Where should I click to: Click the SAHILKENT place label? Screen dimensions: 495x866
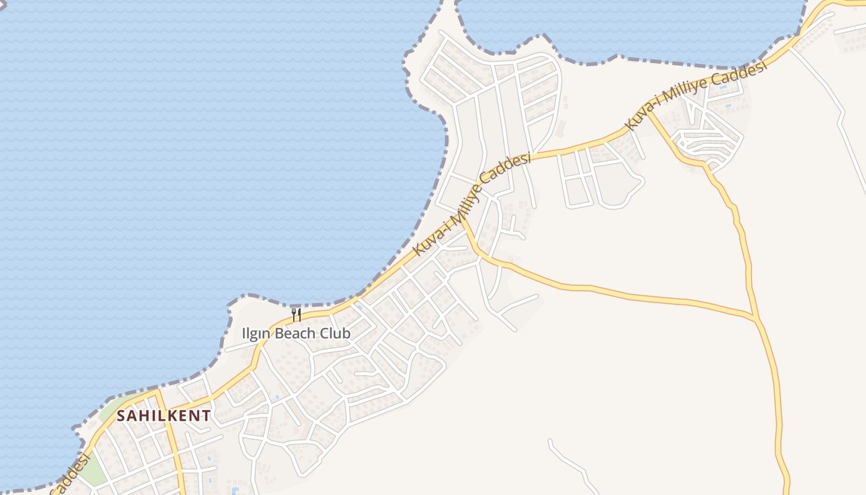point(164,416)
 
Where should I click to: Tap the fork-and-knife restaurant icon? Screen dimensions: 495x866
point(296,316)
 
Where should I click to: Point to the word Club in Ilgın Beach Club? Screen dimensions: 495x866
point(335,334)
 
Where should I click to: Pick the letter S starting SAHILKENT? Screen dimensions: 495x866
point(122,416)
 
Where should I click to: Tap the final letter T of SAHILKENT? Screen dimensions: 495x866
point(207,416)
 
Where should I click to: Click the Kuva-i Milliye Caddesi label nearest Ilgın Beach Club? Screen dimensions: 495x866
point(472,205)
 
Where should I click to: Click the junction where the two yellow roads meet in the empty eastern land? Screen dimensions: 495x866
point(756,319)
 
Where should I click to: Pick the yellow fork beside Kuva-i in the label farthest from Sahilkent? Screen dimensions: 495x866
point(648,113)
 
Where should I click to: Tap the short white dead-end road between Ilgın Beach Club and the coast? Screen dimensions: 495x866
point(238,348)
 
